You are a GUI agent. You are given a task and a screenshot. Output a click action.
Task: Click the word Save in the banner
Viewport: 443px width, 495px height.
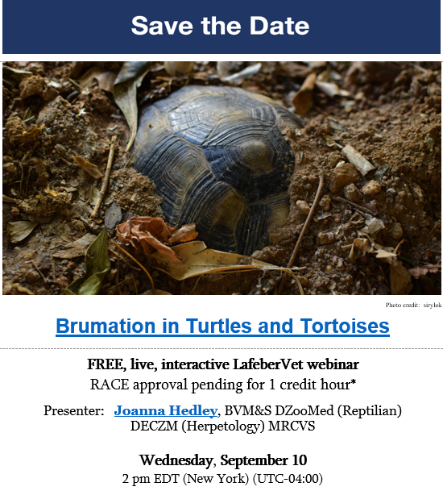pos(162,26)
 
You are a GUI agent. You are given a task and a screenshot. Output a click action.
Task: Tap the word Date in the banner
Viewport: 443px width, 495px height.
pos(279,26)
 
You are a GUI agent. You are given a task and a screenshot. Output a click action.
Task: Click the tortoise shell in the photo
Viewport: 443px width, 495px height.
pos(214,168)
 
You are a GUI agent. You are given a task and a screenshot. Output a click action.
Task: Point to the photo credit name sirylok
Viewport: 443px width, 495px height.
pos(433,306)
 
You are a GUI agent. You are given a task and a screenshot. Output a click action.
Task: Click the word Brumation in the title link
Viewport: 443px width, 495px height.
pos(106,326)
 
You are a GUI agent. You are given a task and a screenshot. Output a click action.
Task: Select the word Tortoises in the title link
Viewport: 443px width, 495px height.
pos(345,326)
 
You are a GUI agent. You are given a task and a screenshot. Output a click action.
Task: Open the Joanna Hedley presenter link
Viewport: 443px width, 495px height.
pos(166,410)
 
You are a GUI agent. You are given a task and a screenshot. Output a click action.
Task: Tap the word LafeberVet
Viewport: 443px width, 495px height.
pos(267,364)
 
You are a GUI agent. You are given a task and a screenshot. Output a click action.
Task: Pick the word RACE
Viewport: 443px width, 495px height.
pos(110,385)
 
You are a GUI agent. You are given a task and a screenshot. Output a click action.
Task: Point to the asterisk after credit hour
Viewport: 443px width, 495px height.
pos(354,382)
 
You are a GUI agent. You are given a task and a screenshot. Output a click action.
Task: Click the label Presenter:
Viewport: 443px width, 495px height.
pos(74,410)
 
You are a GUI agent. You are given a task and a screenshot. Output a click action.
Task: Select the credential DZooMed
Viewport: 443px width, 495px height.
pos(304,410)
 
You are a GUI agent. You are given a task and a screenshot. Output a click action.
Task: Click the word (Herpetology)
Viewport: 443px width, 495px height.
pos(223,426)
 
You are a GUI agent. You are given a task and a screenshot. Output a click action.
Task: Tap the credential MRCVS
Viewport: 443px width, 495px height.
pos(292,426)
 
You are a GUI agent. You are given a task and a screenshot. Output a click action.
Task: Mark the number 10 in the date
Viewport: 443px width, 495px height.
pos(300,460)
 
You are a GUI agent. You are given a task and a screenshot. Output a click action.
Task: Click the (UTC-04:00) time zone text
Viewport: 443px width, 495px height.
pos(288,479)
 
